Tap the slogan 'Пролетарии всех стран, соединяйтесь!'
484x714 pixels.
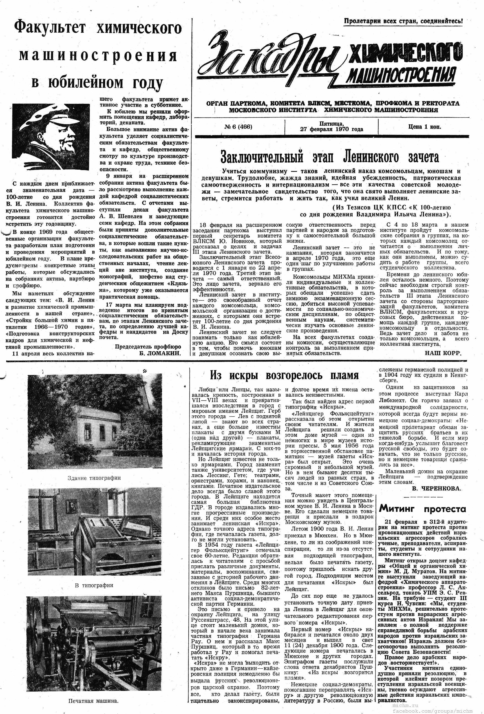[x=403, y=21]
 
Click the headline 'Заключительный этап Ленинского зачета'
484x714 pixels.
[x=330, y=157]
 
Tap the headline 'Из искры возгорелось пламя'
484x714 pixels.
[x=284, y=375]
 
